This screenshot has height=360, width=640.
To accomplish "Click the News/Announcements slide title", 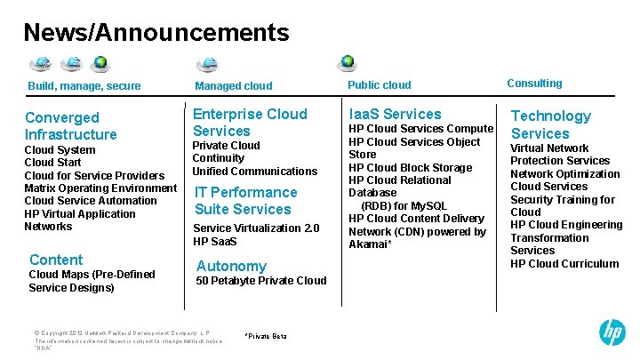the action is pyautogui.click(x=156, y=33).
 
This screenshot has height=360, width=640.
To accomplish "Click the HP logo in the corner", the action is pyautogui.click(x=612, y=332).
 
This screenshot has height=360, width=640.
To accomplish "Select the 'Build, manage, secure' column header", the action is pyautogui.click(x=84, y=86).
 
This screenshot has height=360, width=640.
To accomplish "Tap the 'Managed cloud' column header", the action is pyautogui.click(x=233, y=86).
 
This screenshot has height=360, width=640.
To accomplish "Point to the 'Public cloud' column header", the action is pyautogui.click(x=380, y=85).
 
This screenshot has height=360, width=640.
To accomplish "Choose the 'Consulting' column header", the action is pyautogui.click(x=534, y=84).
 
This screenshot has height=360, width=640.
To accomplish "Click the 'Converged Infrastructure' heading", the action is pyautogui.click(x=71, y=125).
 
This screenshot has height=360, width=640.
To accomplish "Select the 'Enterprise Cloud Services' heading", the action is pyautogui.click(x=250, y=122).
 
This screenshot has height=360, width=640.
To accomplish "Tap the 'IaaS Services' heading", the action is pyautogui.click(x=395, y=114).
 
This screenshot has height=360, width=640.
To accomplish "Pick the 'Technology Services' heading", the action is pyautogui.click(x=550, y=124).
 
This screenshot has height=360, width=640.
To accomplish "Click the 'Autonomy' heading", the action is pyautogui.click(x=231, y=266).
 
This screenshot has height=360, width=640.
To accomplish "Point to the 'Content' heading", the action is pyautogui.click(x=56, y=260).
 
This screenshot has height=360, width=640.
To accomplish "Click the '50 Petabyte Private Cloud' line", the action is pyautogui.click(x=260, y=281).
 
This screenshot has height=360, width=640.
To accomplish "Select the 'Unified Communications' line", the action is pyautogui.click(x=254, y=171).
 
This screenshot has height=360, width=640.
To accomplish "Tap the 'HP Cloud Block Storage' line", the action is pyautogui.click(x=410, y=167).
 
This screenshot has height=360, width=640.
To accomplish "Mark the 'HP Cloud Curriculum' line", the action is pyautogui.click(x=564, y=263).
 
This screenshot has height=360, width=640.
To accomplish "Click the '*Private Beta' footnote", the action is pyautogui.click(x=265, y=336).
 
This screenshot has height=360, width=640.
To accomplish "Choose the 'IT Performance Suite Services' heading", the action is pyautogui.click(x=246, y=200).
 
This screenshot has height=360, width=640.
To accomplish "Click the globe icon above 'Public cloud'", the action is pyautogui.click(x=348, y=62).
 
